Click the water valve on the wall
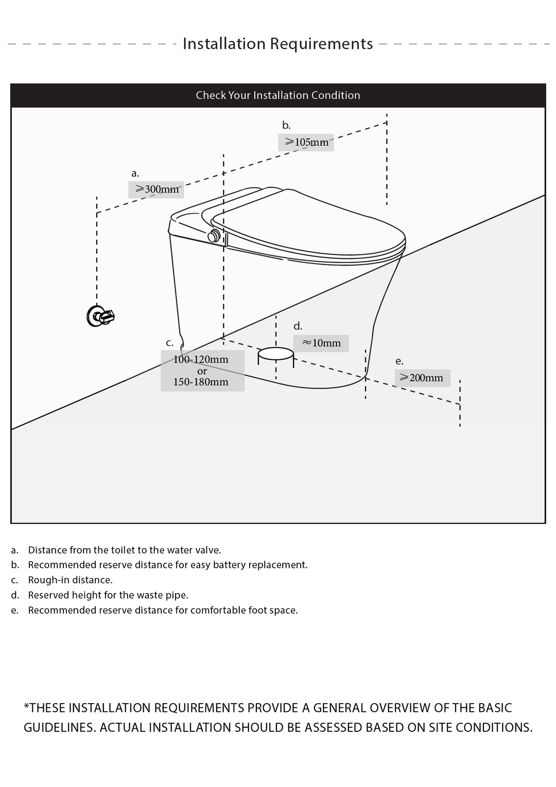(100, 316)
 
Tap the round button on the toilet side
(214, 237)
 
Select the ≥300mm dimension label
(157, 189)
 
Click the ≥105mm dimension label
(306, 142)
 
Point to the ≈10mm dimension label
(321, 343)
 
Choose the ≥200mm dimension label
(422, 378)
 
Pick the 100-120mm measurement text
(201, 359)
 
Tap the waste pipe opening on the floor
(275, 354)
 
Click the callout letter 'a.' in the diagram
(135, 173)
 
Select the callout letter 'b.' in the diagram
(286, 125)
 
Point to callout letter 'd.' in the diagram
(298, 326)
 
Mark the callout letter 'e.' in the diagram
(399, 361)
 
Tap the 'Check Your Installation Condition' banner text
(278, 95)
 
